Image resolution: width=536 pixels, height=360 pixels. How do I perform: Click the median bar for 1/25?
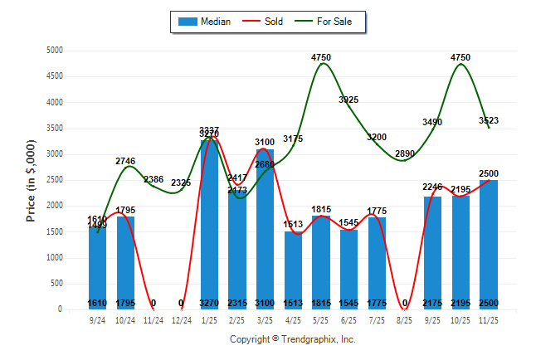(209, 224)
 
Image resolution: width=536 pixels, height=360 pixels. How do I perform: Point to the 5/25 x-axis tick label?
(321, 319)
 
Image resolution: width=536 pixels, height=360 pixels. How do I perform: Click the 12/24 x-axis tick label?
(182, 319)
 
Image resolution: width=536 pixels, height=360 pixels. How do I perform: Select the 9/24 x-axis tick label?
(98, 319)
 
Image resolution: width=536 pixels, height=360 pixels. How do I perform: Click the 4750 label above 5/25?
(321, 57)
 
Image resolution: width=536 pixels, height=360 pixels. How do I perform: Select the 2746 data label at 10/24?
(125, 161)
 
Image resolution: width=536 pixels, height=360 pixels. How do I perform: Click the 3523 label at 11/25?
(488, 121)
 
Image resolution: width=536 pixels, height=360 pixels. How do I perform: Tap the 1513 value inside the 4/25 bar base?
(293, 303)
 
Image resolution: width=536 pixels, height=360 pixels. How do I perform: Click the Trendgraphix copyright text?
(292, 339)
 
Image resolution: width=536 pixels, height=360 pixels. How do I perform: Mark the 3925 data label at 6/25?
(348, 100)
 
